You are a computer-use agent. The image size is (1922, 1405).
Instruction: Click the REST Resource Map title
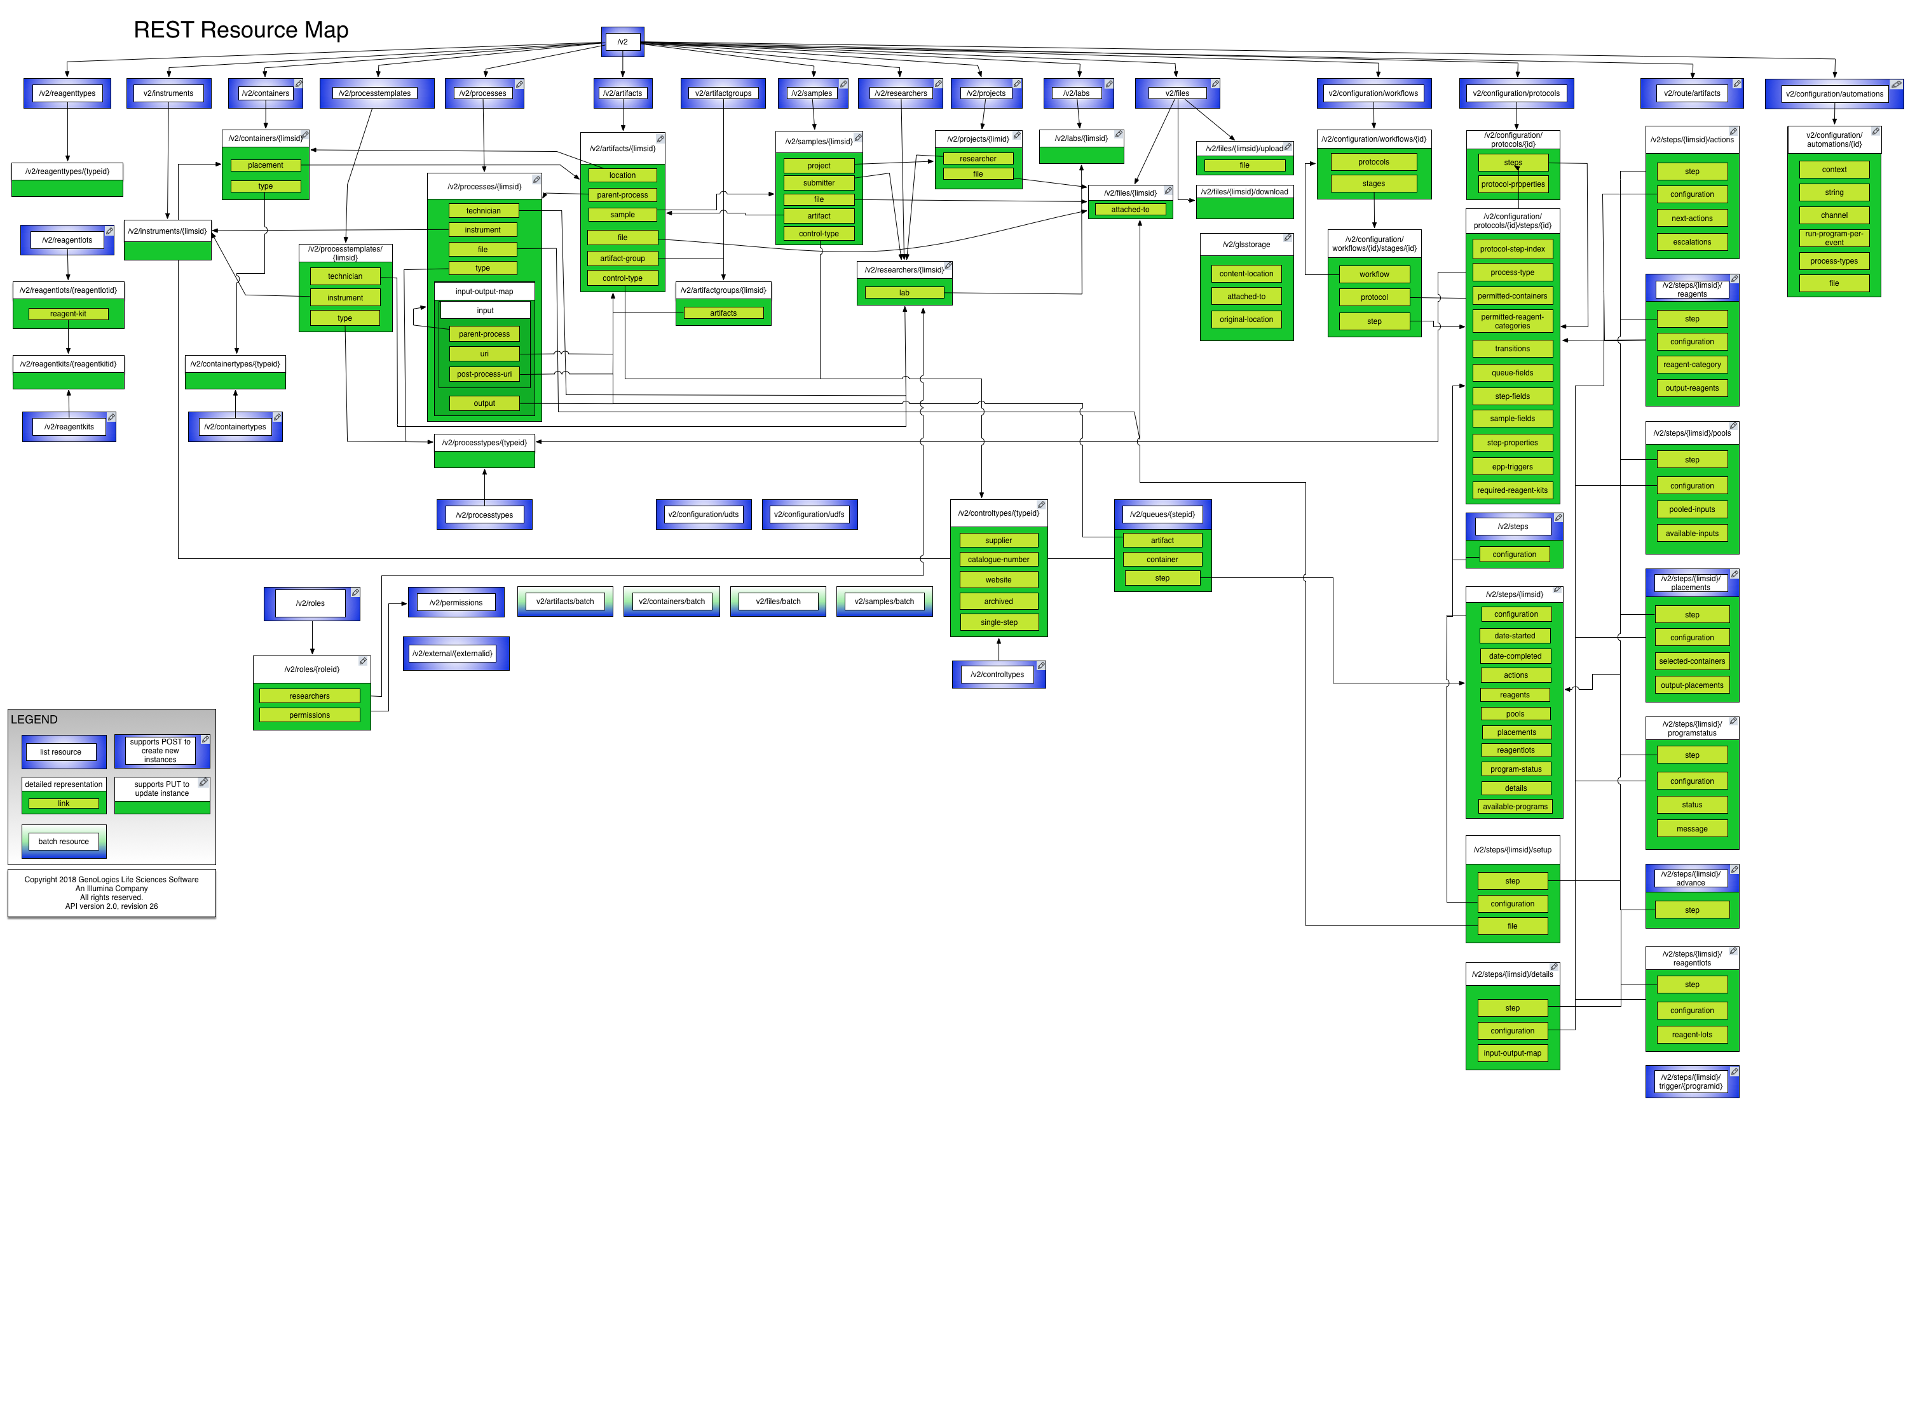click(241, 30)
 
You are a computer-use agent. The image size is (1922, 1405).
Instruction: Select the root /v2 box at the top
click(622, 42)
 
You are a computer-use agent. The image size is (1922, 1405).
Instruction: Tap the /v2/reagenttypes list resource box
click(67, 93)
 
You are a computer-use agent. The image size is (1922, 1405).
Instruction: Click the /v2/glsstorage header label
click(1246, 245)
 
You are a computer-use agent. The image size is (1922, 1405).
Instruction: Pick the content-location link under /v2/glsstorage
click(1246, 274)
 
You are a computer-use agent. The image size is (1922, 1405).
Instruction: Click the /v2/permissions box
click(456, 603)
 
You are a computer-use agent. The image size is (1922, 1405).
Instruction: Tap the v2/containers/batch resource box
click(671, 602)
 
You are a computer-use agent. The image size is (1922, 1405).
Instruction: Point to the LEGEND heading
click(34, 720)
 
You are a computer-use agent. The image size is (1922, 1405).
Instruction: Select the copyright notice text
click(111, 893)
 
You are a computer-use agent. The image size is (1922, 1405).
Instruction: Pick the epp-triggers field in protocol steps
click(1512, 467)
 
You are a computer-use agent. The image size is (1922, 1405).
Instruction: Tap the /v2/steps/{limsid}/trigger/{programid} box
click(1691, 1082)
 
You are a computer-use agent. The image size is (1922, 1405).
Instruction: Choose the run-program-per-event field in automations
click(1834, 238)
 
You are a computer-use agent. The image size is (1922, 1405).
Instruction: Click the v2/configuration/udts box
click(703, 514)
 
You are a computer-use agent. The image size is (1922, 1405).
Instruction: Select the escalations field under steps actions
click(1691, 243)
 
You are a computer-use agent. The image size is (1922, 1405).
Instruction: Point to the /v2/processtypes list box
click(484, 515)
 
